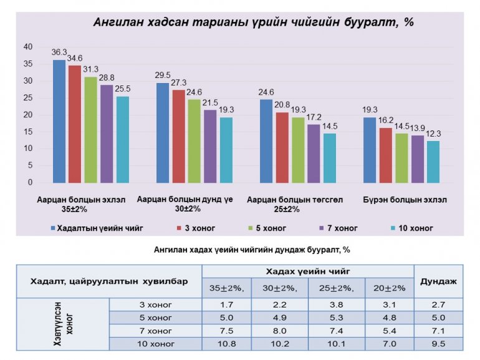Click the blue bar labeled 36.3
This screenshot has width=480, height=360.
pyautogui.click(x=59, y=121)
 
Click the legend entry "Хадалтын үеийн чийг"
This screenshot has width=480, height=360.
pyautogui.click(x=100, y=228)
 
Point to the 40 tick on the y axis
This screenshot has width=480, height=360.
pyautogui.click(x=27, y=47)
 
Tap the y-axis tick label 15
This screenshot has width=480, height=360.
pyautogui.click(x=27, y=132)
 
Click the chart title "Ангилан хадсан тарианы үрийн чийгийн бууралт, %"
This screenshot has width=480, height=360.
pyautogui.click(x=254, y=22)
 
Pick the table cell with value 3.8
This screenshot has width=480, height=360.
pyautogui.click(x=337, y=305)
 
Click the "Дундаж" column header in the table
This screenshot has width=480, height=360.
pyautogui.click(x=438, y=281)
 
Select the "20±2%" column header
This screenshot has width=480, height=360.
pyautogui.click(x=390, y=288)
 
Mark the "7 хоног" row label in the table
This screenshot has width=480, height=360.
pyautogui.click(x=155, y=331)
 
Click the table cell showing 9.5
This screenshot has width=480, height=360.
pyautogui.click(x=438, y=344)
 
